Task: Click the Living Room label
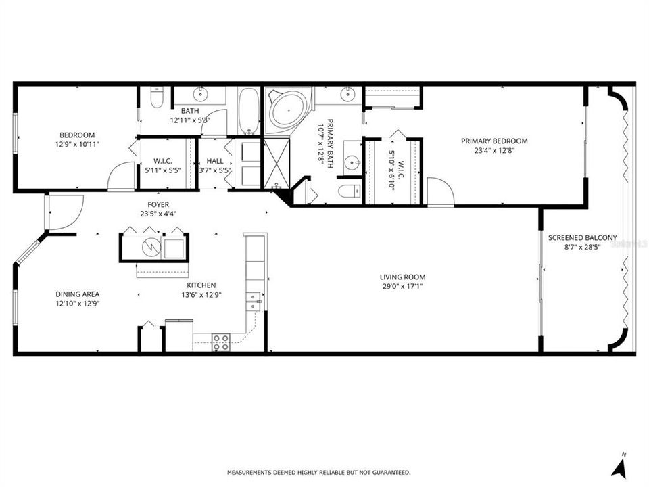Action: tap(402, 277)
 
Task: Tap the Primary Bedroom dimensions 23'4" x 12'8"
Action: tap(494, 151)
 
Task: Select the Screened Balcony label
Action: tap(582, 237)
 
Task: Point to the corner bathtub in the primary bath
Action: tap(288, 110)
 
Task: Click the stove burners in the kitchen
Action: tap(220, 342)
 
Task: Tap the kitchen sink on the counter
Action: tap(253, 301)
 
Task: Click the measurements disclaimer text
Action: tap(318, 472)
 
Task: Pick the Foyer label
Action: tap(158, 204)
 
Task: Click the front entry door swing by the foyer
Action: tap(66, 212)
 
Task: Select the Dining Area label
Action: tap(77, 294)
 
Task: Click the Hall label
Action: tap(215, 161)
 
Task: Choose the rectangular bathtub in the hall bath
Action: tap(249, 111)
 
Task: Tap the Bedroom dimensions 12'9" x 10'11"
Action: tap(77, 145)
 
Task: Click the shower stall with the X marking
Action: tap(277, 163)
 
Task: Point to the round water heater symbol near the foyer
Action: tap(151, 248)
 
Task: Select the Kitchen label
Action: tap(201, 285)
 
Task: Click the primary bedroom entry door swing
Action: tap(441, 191)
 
